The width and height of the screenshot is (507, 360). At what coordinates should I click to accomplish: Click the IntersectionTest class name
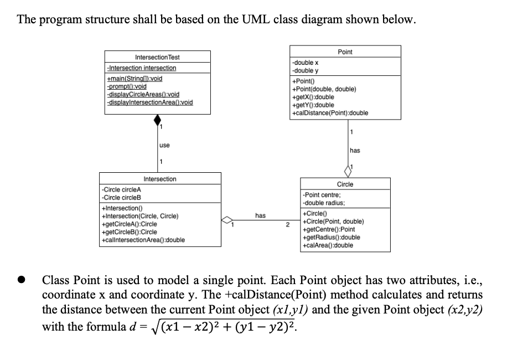[157, 57]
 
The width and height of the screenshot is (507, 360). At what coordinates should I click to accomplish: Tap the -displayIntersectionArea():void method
[149, 102]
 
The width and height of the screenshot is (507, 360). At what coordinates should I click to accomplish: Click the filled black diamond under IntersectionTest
[157, 120]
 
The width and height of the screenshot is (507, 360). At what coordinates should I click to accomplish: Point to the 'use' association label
[164, 145]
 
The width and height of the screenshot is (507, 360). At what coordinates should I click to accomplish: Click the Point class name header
[345, 52]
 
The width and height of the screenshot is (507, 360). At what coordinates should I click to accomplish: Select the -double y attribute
[305, 70]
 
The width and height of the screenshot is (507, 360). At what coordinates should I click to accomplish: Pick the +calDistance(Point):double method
[330, 113]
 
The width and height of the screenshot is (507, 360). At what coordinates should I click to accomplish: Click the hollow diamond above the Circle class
[348, 170]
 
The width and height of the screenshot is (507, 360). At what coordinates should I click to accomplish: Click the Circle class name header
[345, 184]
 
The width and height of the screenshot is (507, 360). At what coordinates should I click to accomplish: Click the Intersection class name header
[159, 179]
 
